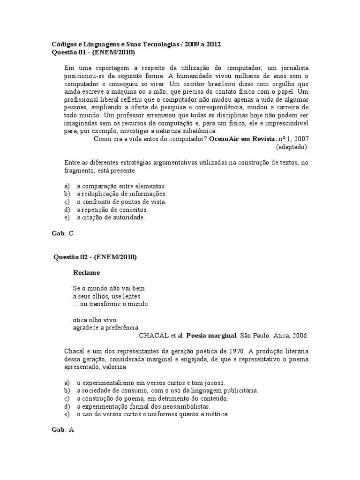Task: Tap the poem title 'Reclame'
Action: coord(86,272)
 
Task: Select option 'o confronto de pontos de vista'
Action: coord(121,202)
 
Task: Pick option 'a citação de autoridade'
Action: coord(111,217)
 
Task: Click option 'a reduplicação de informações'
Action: coord(121,194)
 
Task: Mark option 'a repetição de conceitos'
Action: coord(112,210)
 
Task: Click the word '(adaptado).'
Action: coord(292,147)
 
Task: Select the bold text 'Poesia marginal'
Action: coord(211,336)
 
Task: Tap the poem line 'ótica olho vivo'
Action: coord(93,320)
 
